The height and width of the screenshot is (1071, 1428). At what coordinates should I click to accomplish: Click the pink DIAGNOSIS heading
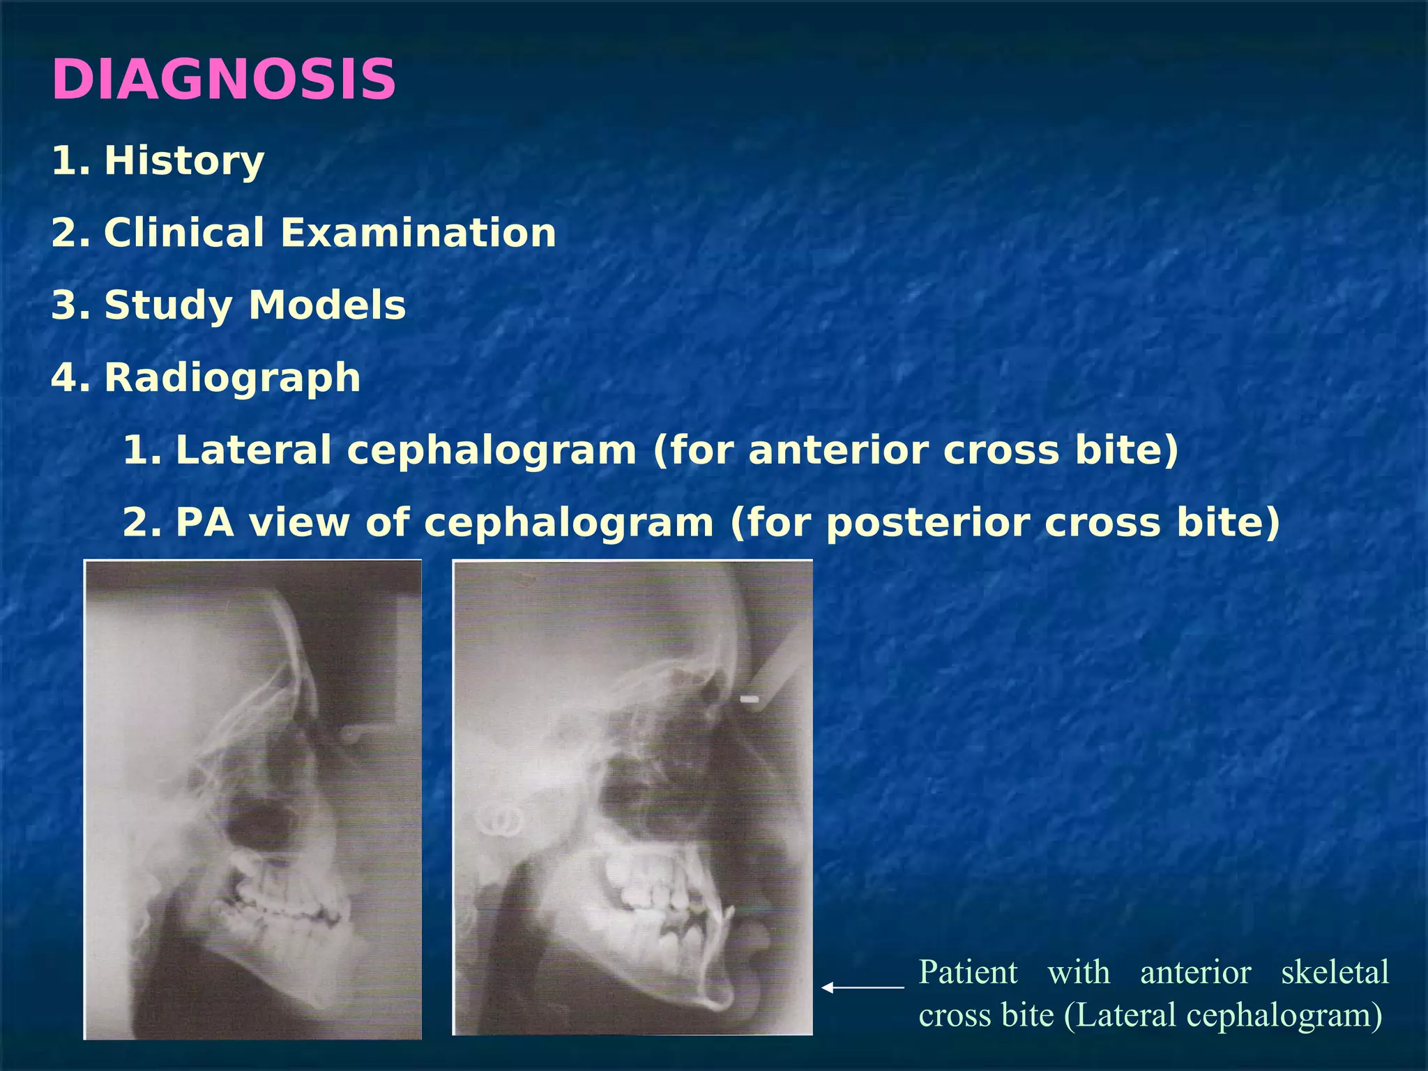coord(223,79)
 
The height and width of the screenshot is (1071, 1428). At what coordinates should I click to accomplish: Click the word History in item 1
coord(184,160)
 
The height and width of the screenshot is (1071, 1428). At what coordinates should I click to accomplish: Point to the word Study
coord(167,305)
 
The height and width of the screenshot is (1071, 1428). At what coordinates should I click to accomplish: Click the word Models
coord(327,305)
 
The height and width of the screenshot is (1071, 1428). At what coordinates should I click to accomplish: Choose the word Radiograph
coord(232,377)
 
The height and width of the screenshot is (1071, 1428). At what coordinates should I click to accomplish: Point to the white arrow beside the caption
coord(862,987)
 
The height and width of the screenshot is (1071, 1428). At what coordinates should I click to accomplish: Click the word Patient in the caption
coord(968,972)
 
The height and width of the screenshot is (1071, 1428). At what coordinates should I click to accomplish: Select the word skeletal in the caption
coord(1335,972)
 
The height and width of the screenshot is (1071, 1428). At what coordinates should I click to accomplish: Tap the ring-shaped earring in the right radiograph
coord(501,821)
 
